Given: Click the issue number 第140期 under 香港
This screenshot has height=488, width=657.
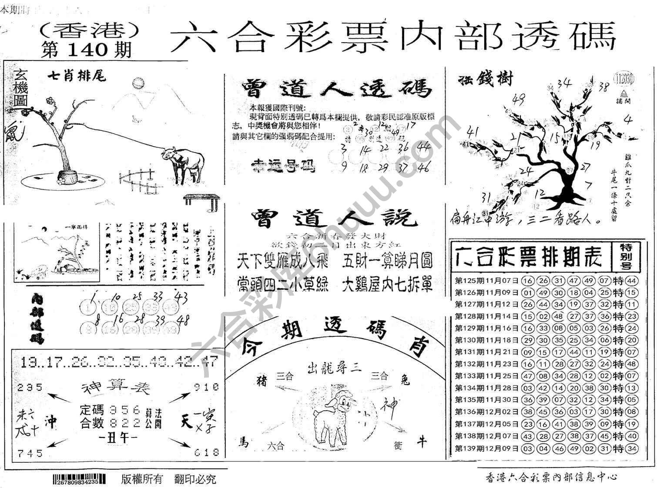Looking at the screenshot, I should pyautogui.click(x=87, y=50).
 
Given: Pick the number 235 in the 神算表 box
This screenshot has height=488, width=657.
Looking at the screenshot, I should pyautogui.click(x=30, y=387).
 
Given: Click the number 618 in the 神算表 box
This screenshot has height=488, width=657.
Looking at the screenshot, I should pyautogui.click(x=206, y=452).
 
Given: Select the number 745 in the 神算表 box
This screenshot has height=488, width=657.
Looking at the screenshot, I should pyautogui.click(x=30, y=453).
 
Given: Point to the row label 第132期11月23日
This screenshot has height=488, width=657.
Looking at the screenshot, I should pyautogui.click(x=487, y=364).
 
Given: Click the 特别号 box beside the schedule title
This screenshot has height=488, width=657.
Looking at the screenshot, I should pyautogui.click(x=626, y=257).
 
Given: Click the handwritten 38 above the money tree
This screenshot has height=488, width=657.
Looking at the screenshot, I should pyautogui.click(x=603, y=87).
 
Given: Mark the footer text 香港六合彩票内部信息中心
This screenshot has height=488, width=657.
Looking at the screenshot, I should pyautogui.click(x=551, y=477).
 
